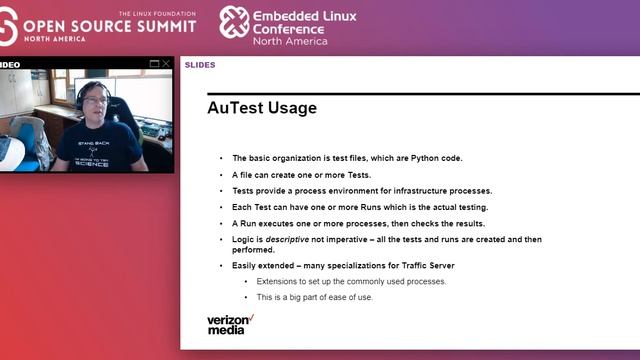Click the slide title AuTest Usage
(262, 107)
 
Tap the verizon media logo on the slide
(230, 324)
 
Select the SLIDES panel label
(200, 65)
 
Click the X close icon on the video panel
(166, 64)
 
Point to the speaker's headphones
(80, 94)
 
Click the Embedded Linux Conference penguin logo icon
(234, 22)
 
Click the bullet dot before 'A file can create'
(221, 174)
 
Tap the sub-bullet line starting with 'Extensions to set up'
(351, 281)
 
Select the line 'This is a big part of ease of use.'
(315, 297)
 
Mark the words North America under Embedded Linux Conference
(289, 41)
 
